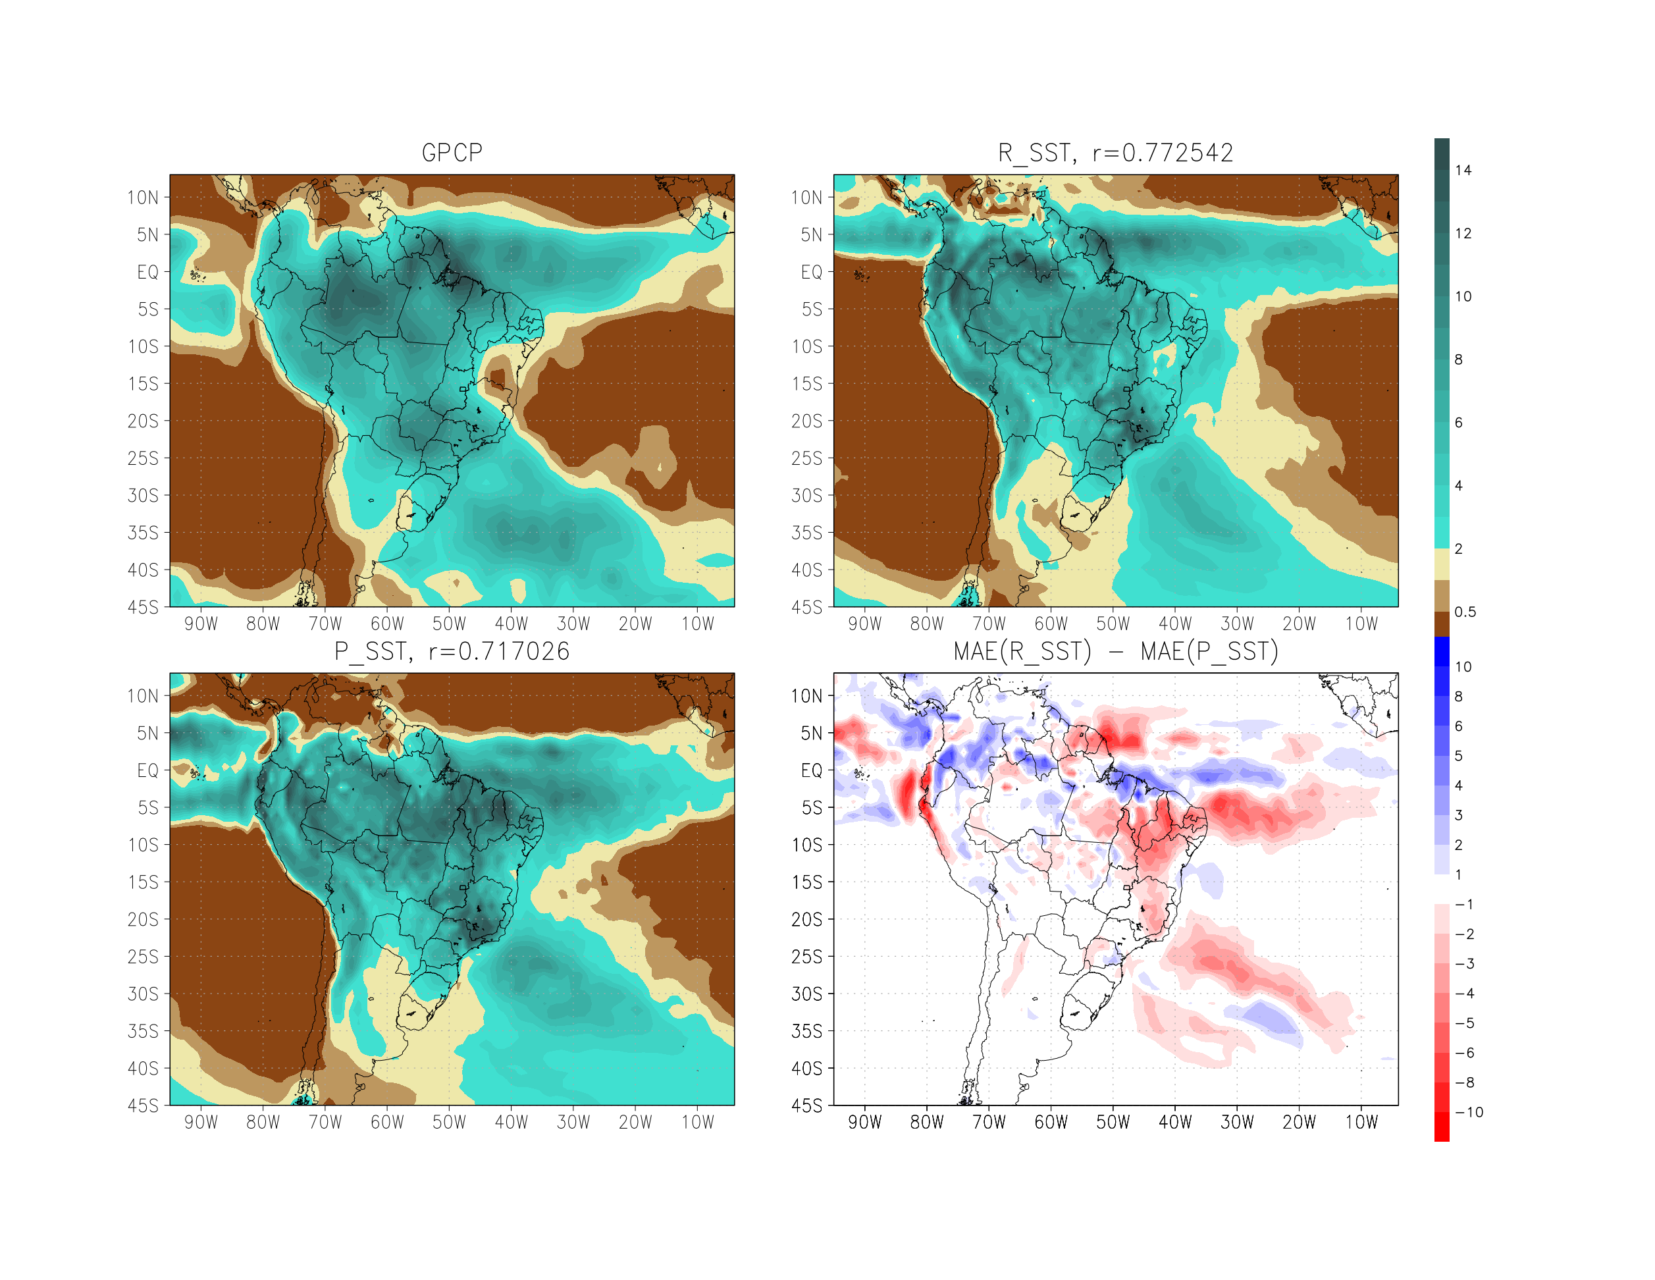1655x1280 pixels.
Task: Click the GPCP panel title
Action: click(452, 153)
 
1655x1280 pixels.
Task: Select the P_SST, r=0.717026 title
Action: click(452, 652)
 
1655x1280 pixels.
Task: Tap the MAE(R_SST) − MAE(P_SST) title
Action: click(1115, 652)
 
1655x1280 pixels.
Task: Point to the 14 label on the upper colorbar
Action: click(1463, 171)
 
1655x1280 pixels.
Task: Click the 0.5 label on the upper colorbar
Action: click(1465, 612)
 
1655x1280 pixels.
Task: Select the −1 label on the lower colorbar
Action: click(1464, 905)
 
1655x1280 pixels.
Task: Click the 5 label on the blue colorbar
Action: click(1459, 757)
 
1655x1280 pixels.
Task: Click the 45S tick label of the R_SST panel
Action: click(806, 608)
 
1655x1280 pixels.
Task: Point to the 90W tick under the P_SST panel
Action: click(201, 1123)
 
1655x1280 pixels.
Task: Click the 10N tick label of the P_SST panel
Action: click(144, 697)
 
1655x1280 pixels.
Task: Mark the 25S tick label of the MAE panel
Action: click(806, 957)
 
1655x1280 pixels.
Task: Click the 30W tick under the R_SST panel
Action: click(1237, 624)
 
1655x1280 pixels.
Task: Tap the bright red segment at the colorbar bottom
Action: click(1441, 1127)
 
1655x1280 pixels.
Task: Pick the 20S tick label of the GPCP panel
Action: click(144, 421)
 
